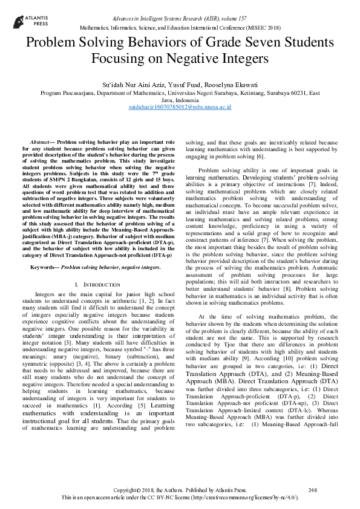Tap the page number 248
313,490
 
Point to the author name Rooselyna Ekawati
225,84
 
